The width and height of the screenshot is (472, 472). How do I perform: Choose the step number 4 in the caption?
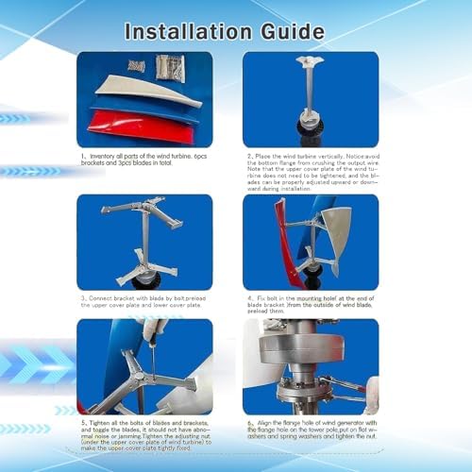click(x=248, y=299)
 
